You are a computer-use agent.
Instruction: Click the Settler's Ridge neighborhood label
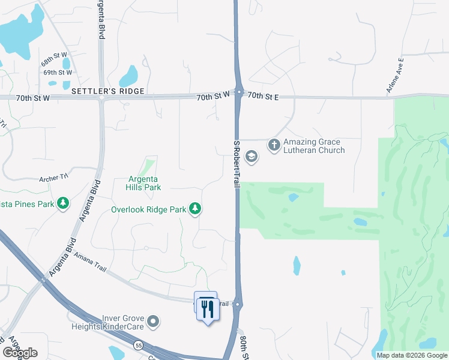108,91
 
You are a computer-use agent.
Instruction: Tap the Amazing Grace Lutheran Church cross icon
274,145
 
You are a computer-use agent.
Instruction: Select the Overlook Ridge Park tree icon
195,209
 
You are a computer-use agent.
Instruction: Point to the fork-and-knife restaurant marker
206,308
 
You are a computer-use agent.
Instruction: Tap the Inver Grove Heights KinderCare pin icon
154,322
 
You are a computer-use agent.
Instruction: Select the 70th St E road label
263,95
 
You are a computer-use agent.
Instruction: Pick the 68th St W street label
54,62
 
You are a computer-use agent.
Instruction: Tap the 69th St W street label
57,73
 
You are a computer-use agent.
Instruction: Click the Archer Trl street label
54,178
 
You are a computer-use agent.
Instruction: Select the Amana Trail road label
90,262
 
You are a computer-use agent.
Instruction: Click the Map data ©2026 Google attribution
412,355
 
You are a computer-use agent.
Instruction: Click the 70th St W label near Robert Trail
214,95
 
